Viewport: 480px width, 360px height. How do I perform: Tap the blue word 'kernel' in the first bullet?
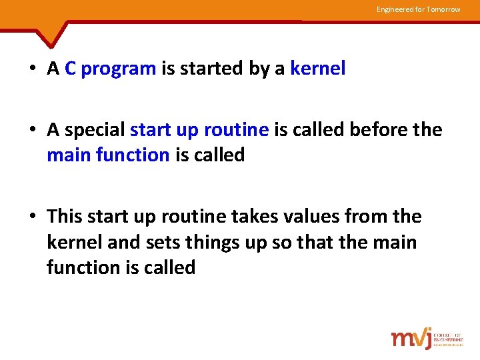317,69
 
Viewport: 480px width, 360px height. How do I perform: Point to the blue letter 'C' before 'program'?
71,69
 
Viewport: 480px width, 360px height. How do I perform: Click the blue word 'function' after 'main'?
133,155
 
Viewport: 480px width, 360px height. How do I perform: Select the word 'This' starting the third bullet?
64,217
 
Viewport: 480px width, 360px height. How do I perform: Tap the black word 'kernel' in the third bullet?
74,242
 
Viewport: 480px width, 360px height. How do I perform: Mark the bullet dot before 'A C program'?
32,69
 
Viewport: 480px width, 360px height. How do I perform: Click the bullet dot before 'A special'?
32,130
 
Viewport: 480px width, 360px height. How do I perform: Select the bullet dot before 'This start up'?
32,217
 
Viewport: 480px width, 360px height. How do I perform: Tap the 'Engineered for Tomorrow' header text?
418,9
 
